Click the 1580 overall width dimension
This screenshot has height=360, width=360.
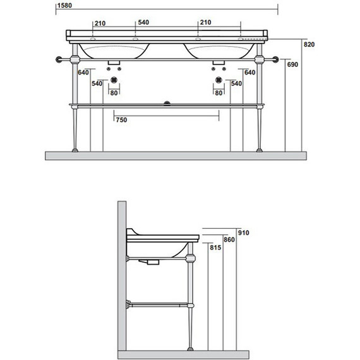click(x=64, y=5)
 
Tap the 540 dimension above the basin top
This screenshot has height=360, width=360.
click(x=143, y=22)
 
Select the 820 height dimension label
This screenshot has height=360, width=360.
click(x=309, y=44)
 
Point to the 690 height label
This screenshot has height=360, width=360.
click(x=292, y=64)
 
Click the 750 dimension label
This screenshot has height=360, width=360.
click(x=121, y=120)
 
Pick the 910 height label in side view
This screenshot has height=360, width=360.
click(x=243, y=233)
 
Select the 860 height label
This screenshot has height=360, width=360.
click(x=229, y=240)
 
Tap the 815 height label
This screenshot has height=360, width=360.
click(x=215, y=248)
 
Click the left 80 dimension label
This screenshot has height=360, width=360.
click(x=114, y=93)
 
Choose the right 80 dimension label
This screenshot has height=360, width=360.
click(x=219, y=93)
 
